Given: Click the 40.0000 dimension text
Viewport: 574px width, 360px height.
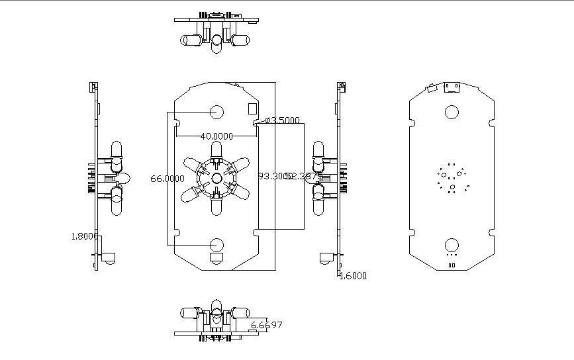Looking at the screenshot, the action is click(x=216, y=136).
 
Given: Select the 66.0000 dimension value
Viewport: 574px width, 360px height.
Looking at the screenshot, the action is click(x=167, y=178).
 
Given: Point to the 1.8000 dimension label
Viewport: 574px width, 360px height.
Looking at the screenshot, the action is click(x=84, y=236).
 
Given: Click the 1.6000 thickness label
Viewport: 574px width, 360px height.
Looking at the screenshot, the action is click(x=352, y=276).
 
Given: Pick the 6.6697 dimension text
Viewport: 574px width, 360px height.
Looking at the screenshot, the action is click(x=266, y=325).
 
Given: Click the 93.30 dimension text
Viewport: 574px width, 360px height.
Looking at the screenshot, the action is click(x=270, y=176).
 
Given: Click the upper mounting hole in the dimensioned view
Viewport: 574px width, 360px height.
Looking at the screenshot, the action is click(x=216, y=111).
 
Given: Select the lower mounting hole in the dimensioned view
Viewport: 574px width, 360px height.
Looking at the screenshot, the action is click(x=216, y=245).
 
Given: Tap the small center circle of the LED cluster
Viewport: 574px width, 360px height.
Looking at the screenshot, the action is click(x=216, y=178).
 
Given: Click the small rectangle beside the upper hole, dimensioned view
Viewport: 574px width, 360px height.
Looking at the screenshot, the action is click(x=252, y=108).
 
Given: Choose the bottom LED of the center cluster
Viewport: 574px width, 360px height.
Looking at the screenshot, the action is click(x=216, y=206).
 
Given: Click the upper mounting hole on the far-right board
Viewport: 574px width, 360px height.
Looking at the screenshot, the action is click(x=452, y=111).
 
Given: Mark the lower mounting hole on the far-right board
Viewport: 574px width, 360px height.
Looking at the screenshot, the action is click(x=452, y=245).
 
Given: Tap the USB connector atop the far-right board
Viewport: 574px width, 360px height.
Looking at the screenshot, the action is click(x=454, y=87).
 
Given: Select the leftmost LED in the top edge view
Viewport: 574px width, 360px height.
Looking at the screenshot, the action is click(x=190, y=40).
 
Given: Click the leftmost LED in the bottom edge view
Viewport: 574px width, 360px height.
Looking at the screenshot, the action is click(x=190, y=312).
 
